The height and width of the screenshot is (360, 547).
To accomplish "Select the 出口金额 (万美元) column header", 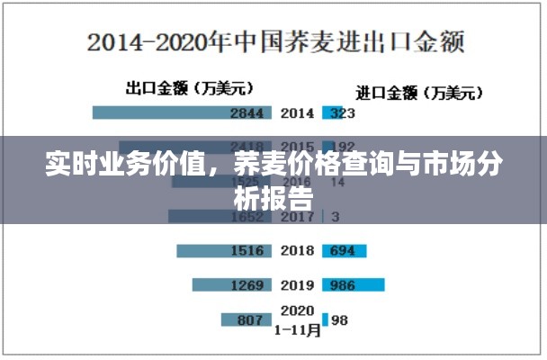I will point(189,88).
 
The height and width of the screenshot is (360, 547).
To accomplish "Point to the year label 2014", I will point(297,113).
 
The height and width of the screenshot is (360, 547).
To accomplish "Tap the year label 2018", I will point(297,250).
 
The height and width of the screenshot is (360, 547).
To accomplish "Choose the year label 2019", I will point(297,284).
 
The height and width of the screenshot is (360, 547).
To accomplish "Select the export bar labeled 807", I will point(246,319).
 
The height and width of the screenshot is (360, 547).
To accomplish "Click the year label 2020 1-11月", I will point(298,319).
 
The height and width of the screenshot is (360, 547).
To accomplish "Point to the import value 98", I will point(340,319).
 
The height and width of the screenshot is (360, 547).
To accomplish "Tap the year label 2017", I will point(297,216).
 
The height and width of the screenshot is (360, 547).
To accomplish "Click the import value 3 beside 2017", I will point(336,216).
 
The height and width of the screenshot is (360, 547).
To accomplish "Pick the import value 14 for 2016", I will point(338,181).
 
